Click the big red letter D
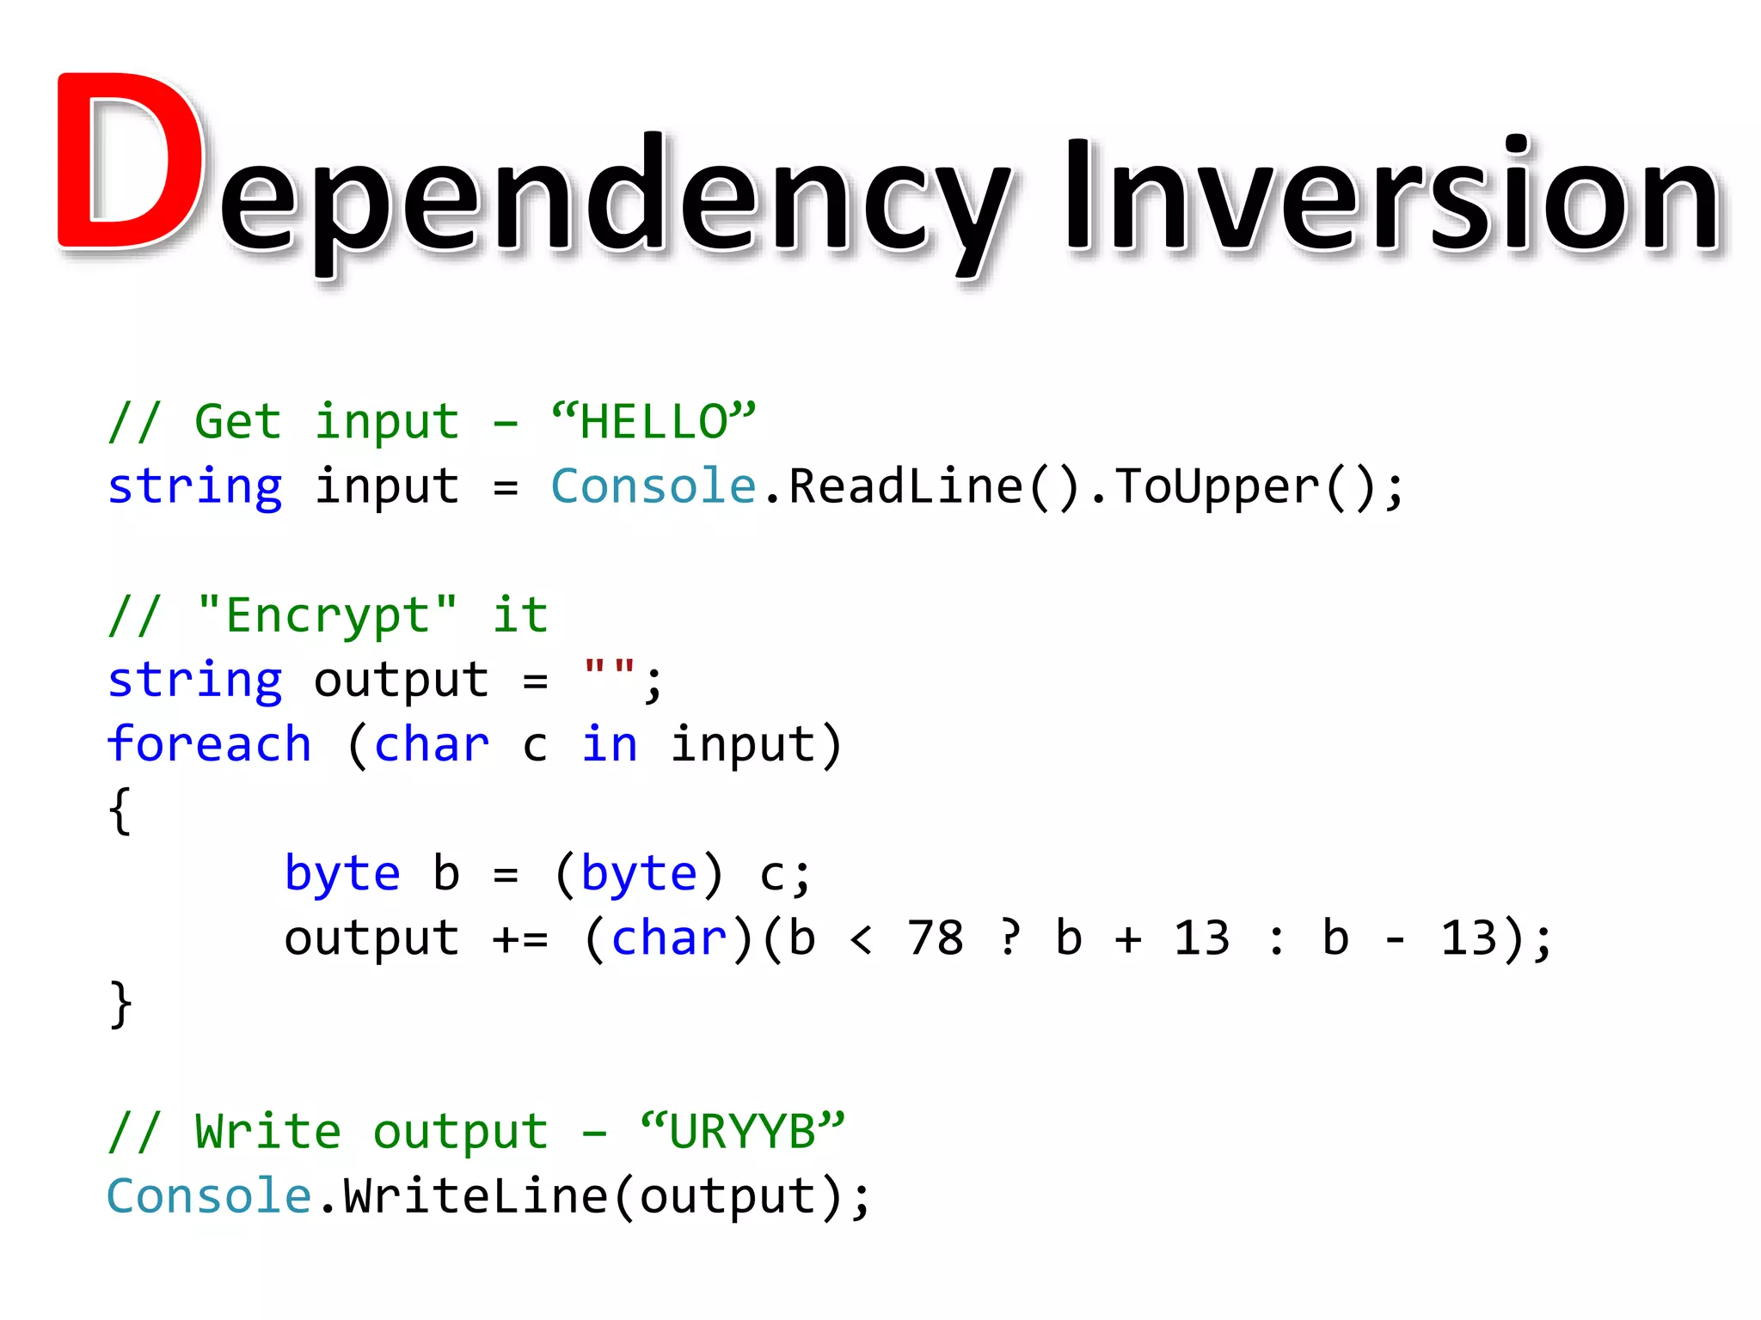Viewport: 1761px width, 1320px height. pos(129,163)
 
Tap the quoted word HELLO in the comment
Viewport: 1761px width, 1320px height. pos(653,421)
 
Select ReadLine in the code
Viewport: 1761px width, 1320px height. pos(905,486)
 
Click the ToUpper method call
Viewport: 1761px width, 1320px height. pos(1218,486)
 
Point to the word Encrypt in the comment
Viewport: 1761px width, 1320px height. pos(327,615)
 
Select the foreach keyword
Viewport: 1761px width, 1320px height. pos(209,744)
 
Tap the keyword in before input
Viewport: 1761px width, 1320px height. pos(610,744)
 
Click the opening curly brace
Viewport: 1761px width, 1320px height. pos(120,810)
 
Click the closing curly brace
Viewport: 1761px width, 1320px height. pos(120,1004)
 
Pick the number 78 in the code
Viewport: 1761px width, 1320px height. pos(936,938)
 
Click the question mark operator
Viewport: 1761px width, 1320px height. pos(1011,938)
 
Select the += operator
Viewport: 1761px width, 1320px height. pos(520,938)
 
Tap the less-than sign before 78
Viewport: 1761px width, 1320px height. pos(862,938)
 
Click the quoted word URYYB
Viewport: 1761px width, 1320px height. pos(743,1131)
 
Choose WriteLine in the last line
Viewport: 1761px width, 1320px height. pos(476,1196)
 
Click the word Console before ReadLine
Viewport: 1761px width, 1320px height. pos(653,486)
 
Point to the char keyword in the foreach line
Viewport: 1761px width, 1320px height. pos(432,744)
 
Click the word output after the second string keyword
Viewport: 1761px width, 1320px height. pos(402,681)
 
